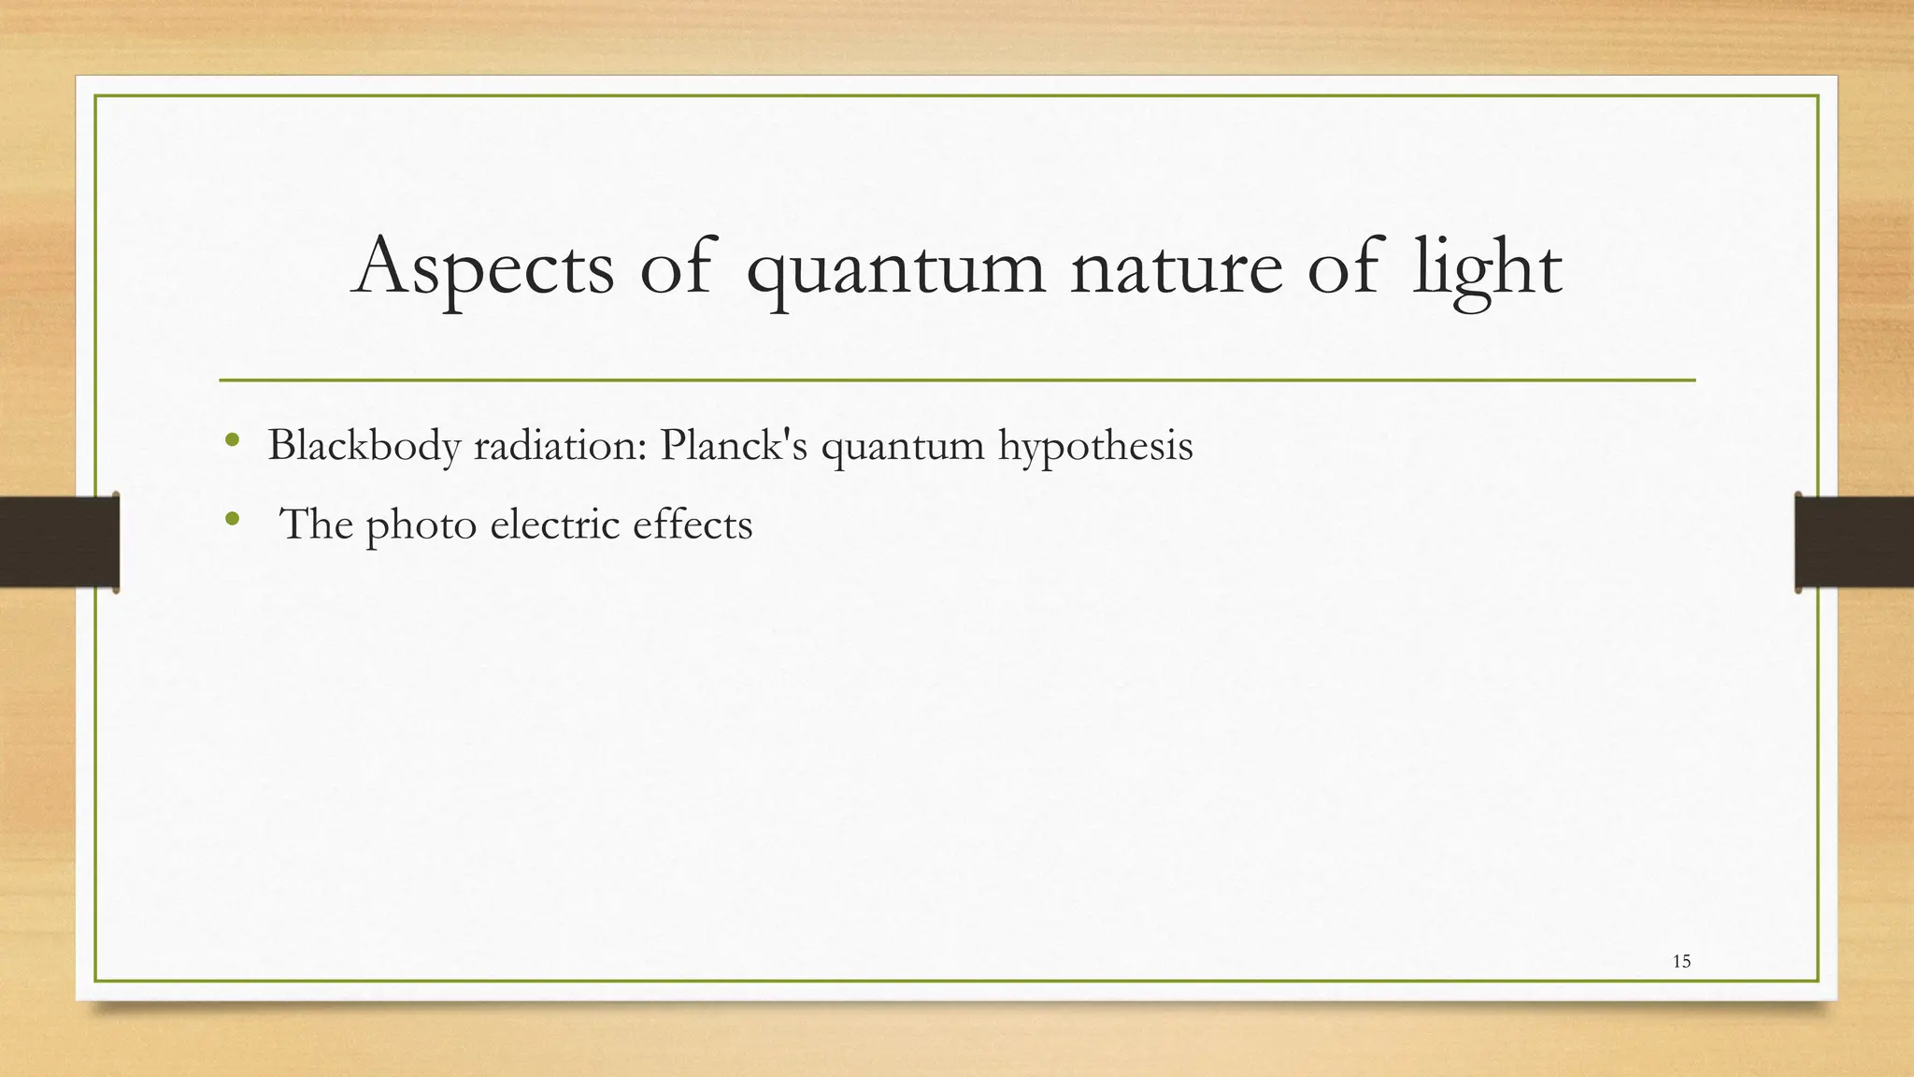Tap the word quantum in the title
click(x=895, y=271)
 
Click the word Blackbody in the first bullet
click(x=364, y=445)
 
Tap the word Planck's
click(x=733, y=445)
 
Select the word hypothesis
click(x=1094, y=447)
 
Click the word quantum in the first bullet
click(x=902, y=447)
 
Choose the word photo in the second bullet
click(x=421, y=525)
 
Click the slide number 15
click(x=1681, y=961)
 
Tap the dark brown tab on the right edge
click(x=1854, y=542)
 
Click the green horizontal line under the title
click(x=957, y=381)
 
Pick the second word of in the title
click(x=1343, y=267)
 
